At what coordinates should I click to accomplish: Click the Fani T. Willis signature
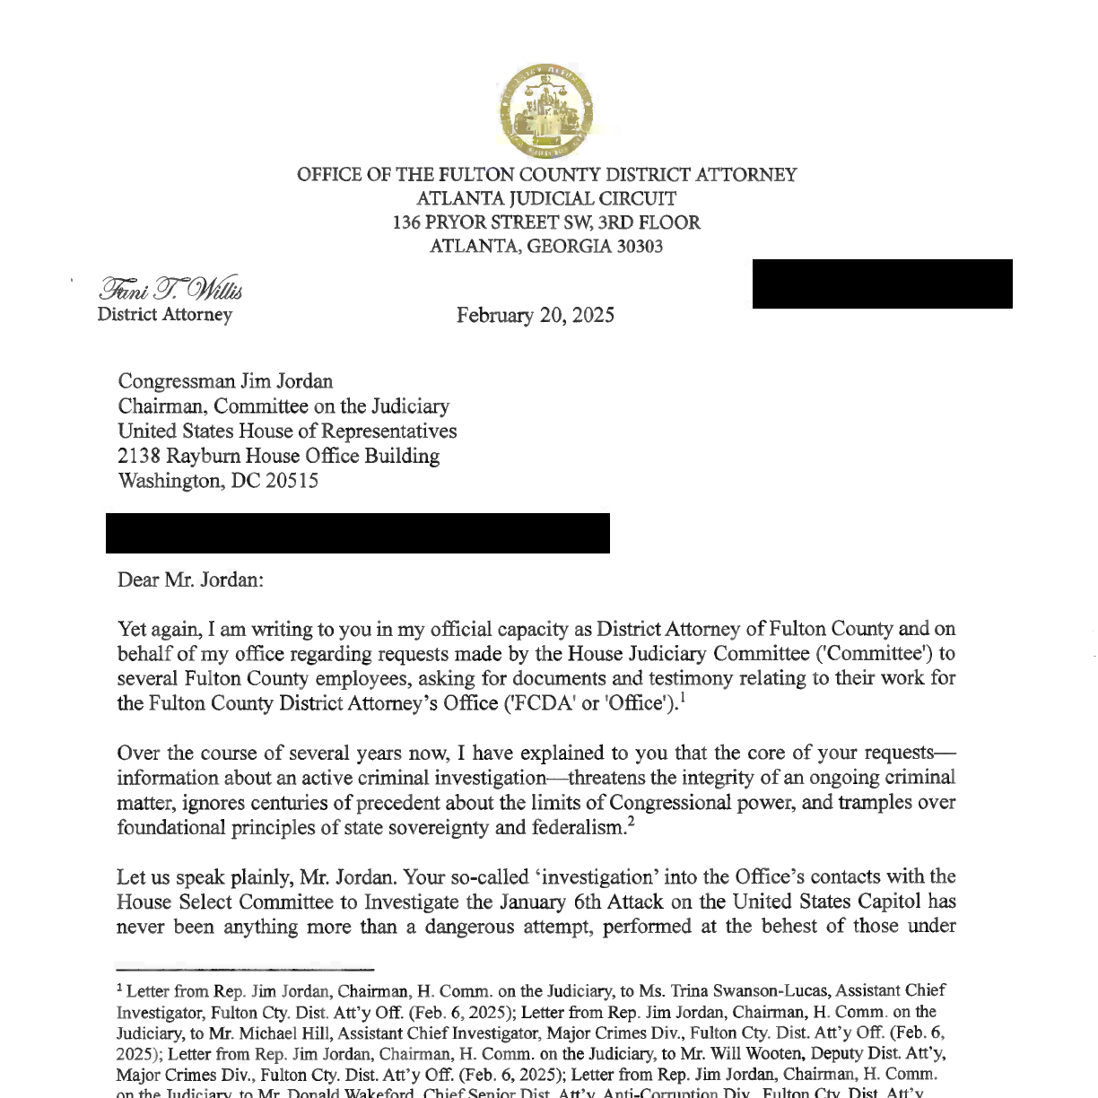pyautogui.click(x=170, y=289)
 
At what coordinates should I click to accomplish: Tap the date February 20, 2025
pyautogui.click(x=535, y=316)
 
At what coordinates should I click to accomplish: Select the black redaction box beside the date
pyautogui.click(x=882, y=283)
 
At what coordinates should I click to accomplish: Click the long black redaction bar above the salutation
pyautogui.click(x=357, y=533)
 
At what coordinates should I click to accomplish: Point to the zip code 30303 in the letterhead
pyautogui.click(x=639, y=247)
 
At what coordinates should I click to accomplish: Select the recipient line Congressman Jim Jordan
pyautogui.click(x=225, y=381)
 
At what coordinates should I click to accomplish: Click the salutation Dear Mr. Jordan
pyautogui.click(x=190, y=579)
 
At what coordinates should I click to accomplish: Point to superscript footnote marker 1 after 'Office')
pyautogui.click(x=684, y=697)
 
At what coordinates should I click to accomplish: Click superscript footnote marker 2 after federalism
pyautogui.click(x=632, y=822)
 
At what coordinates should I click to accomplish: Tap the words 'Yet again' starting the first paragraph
pyautogui.click(x=157, y=629)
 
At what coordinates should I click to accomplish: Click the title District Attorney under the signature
pyautogui.click(x=164, y=315)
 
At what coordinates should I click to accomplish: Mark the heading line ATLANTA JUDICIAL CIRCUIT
pyautogui.click(x=546, y=199)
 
